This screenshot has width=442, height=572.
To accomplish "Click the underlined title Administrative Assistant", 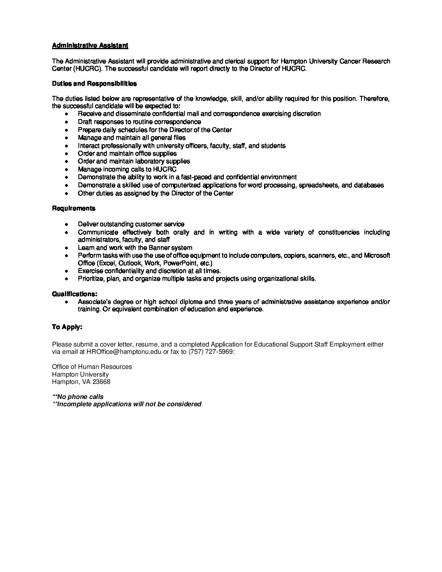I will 90,45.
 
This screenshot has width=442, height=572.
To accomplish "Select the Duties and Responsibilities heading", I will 94,84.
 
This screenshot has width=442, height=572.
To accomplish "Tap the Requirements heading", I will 74,208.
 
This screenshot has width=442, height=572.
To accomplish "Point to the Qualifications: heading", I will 74,294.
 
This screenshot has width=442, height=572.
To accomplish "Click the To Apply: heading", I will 67,327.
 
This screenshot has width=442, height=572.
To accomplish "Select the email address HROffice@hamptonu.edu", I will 124,352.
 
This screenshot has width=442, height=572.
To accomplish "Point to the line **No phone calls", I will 78,397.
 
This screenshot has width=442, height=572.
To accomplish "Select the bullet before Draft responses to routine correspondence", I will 67,122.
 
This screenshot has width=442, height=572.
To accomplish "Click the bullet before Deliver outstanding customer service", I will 67,225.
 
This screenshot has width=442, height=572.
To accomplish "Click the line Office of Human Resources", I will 92,367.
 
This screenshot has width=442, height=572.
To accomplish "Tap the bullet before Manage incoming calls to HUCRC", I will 67,169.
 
